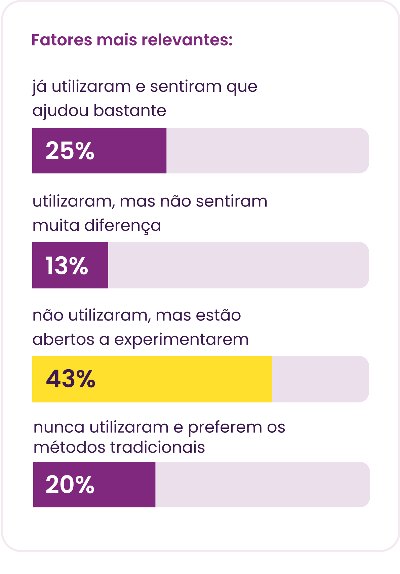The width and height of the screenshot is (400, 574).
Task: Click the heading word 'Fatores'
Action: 62,40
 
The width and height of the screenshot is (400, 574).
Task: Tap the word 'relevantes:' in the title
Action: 187,40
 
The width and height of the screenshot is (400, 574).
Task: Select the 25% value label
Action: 70,151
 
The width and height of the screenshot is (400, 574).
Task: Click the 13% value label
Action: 67,266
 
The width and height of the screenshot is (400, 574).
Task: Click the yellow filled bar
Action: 152,379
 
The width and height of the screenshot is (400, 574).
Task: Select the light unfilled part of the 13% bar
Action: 238,265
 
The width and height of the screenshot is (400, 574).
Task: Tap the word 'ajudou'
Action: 61,111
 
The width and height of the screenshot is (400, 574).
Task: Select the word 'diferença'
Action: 123,226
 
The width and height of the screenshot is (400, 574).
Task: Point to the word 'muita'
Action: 56,225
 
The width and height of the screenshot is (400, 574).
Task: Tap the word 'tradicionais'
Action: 158,448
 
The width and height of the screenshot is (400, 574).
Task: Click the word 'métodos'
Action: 69,448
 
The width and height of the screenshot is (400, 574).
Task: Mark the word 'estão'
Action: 218,315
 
